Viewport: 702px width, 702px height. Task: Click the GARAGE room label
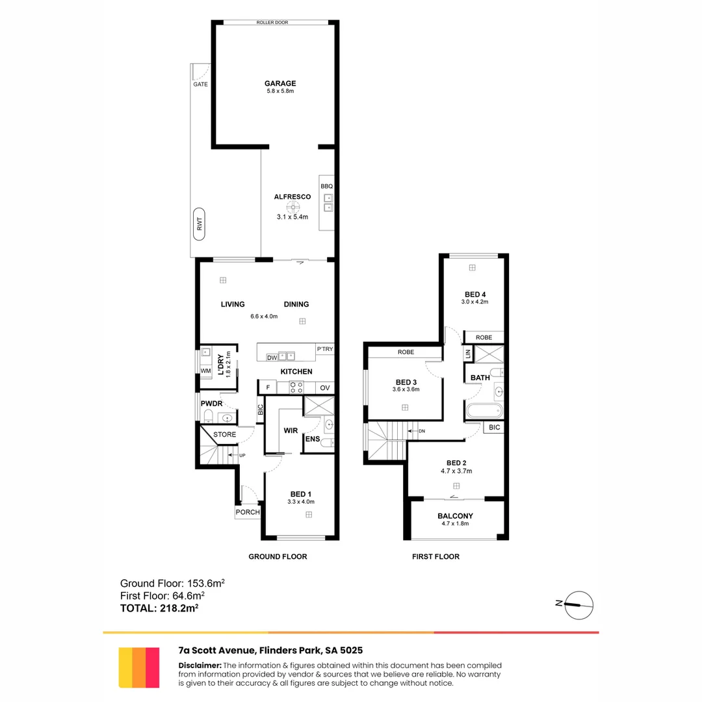[280, 83]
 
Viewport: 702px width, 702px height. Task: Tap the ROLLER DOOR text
[273, 23]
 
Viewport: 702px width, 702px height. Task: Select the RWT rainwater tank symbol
[199, 224]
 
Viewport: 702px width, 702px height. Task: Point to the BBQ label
[326, 187]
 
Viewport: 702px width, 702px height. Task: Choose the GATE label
[200, 84]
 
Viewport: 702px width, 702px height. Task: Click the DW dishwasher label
[272, 357]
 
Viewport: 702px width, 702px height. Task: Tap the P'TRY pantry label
[324, 349]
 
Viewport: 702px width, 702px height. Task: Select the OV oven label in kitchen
[324, 388]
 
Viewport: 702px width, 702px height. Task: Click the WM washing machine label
[205, 371]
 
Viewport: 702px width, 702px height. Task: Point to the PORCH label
[248, 512]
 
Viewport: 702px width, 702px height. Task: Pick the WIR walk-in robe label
[291, 430]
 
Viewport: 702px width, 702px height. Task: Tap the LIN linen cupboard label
[467, 355]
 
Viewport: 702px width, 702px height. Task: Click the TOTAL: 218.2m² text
[159, 608]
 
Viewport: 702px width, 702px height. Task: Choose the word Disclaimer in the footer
[200, 666]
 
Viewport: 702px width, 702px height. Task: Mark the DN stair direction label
[421, 431]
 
